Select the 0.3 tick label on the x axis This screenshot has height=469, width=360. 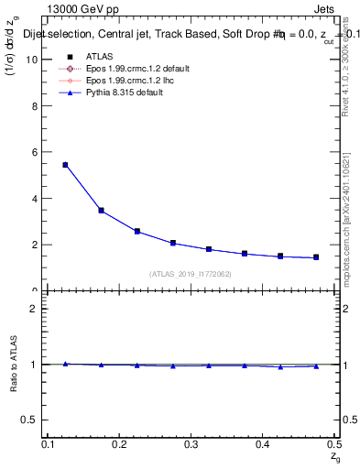pyautogui.click(x=191, y=444)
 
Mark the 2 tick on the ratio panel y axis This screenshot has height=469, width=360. pyautogui.click(x=35, y=308)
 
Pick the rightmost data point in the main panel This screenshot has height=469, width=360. pyautogui.click(x=316, y=257)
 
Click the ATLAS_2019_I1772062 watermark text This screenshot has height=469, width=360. pyautogui.click(x=190, y=273)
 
